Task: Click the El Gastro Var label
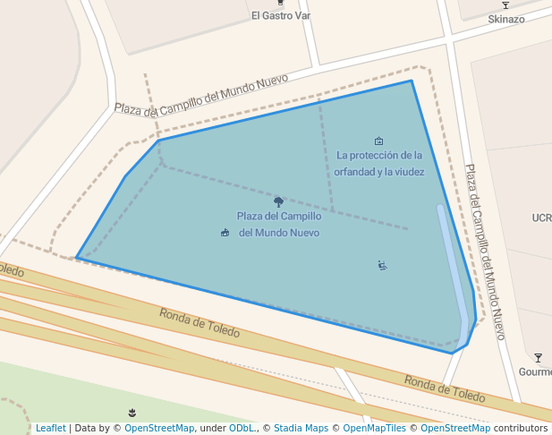click(280, 15)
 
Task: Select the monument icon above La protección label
click(378, 141)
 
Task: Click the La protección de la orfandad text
click(380, 163)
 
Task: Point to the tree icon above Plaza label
click(279, 201)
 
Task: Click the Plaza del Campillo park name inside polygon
click(279, 224)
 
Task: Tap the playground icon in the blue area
click(382, 265)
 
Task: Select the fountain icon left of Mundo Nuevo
click(225, 233)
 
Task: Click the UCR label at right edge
click(541, 217)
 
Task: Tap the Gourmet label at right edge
click(535, 372)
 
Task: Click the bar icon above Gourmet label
click(537, 357)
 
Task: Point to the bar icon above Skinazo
click(505, 4)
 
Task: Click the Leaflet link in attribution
click(50, 428)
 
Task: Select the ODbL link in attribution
click(242, 428)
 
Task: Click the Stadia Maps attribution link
click(301, 428)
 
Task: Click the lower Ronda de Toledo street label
click(445, 388)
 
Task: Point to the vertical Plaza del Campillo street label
click(485, 251)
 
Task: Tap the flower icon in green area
click(133, 412)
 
